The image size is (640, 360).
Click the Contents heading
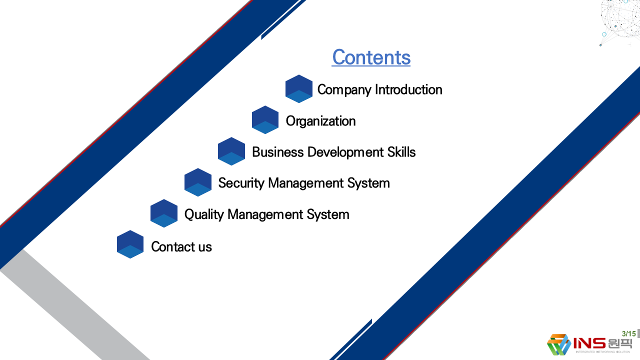point(371,57)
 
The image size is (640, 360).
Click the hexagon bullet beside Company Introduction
point(299,89)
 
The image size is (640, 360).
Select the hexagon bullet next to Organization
point(265,120)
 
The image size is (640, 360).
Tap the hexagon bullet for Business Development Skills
point(231,151)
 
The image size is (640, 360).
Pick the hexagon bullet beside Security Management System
point(198,182)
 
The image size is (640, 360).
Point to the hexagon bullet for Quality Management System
point(164,213)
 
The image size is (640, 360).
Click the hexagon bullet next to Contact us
point(130,244)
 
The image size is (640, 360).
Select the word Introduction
point(408,89)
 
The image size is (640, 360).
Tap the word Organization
point(321,121)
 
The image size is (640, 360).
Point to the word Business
point(277,152)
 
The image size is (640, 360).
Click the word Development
point(345,152)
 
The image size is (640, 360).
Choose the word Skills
point(401,152)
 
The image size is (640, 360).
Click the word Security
point(241,183)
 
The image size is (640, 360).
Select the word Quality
point(204,214)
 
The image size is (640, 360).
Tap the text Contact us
point(181,246)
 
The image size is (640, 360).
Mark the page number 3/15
point(629,333)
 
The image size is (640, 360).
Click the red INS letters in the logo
point(589,343)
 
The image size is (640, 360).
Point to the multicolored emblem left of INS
point(558,344)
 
